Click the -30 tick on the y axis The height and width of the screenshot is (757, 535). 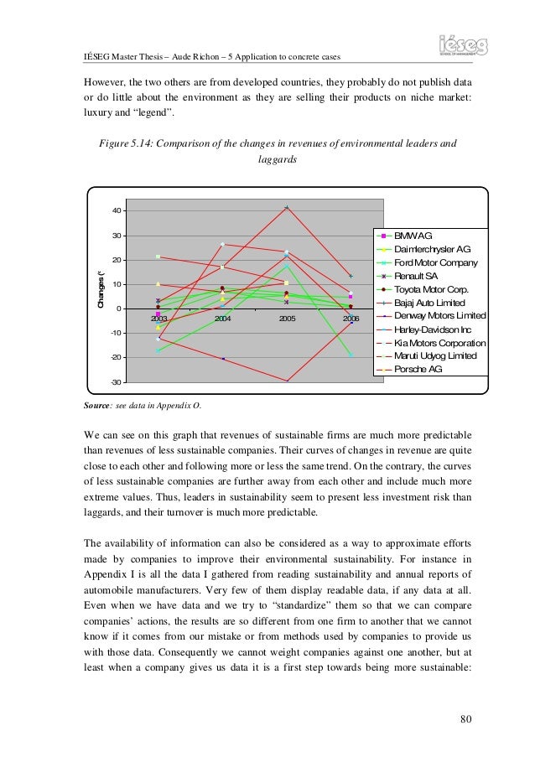point(115,382)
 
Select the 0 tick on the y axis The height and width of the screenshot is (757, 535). point(118,309)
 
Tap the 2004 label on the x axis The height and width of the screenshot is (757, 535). point(223,319)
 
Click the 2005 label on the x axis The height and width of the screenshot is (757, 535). point(287,319)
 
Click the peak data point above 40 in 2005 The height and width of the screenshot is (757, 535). point(287,207)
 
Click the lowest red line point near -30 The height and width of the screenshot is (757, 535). point(287,381)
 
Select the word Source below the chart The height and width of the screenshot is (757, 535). point(97,406)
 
